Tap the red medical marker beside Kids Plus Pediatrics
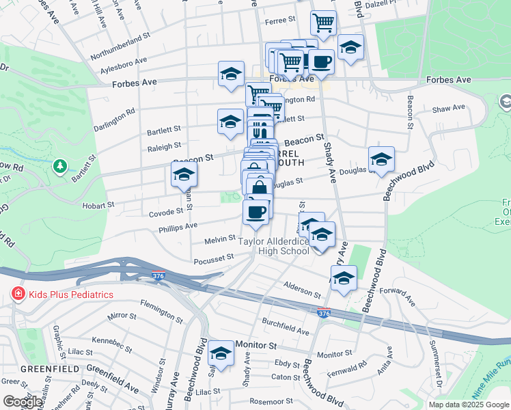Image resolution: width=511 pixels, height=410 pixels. (16, 295)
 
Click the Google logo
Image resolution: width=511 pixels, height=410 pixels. (22, 402)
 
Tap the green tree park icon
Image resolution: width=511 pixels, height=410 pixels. (60, 166)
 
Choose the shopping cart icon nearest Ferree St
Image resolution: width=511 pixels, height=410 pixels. (323, 23)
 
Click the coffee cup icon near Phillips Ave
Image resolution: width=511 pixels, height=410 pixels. (256, 212)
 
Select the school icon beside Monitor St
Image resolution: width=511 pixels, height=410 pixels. (221, 353)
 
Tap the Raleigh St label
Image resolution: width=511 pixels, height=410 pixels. (165, 146)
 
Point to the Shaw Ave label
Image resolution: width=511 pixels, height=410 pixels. (449, 107)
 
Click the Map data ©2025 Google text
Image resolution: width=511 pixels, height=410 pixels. (469, 405)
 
